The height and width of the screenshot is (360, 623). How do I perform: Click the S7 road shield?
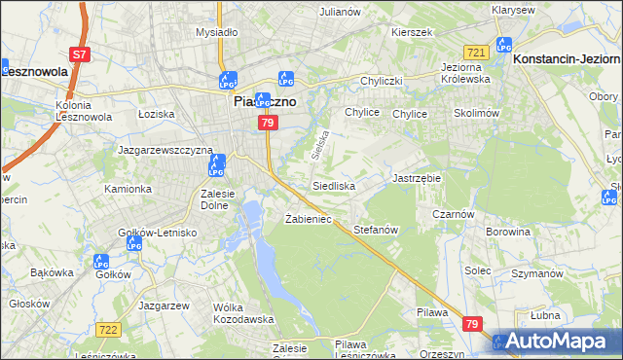[x=82, y=55]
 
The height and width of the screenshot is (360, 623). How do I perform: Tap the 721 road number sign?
[x=475, y=52]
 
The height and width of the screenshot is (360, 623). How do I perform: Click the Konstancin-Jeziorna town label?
[x=566, y=59]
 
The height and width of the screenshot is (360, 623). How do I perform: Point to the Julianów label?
[x=340, y=12]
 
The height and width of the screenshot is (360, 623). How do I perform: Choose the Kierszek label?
[x=411, y=32]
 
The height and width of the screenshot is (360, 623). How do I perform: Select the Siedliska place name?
[x=334, y=185]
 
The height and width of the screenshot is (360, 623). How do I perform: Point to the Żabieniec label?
[x=309, y=219]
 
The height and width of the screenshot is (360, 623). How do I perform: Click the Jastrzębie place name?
[x=416, y=179]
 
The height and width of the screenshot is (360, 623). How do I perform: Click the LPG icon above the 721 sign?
[x=503, y=44]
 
